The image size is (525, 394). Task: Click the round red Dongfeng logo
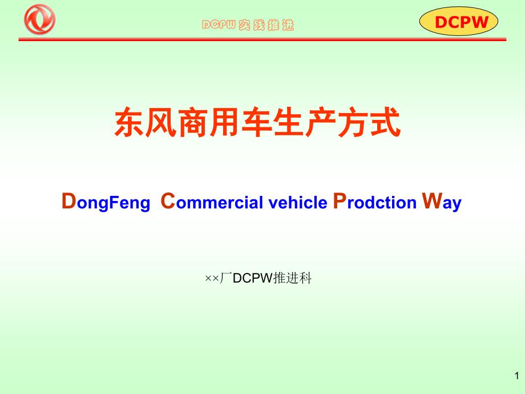coord(39,19)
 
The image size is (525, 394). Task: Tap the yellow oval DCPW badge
coord(458,22)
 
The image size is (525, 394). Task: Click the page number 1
coord(517,376)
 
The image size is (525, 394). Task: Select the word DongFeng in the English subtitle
coord(106,202)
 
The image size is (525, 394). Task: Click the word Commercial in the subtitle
coord(212,202)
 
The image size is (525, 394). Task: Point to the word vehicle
coord(298,202)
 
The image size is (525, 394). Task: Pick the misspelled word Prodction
coord(375,202)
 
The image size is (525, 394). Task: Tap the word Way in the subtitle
coord(442,202)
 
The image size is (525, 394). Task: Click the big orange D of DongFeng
coord(69,201)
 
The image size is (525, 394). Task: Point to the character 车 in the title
coord(257,122)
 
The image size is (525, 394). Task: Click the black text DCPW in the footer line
coord(253,278)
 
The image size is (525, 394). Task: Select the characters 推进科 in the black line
coord(292,278)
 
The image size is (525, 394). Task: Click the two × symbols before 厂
coord(212,279)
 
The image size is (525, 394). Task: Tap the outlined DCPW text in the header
coord(219,25)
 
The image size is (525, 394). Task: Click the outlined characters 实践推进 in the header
coord(266,25)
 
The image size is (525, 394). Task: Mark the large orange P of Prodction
coord(340,201)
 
